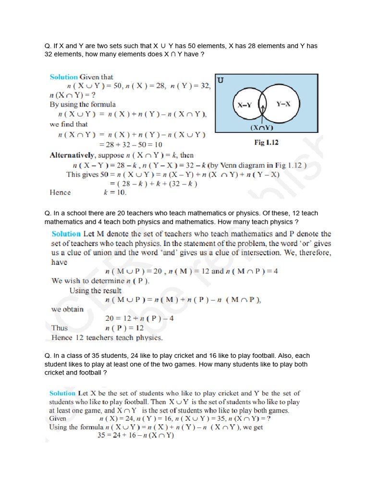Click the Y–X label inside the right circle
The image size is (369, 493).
coord(283,104)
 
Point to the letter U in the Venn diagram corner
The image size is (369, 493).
coord(221,80)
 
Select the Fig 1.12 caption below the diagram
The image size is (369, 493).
coord(266,143)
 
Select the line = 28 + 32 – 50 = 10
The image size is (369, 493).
coord(131,144)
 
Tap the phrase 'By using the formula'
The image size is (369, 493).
coord(83,104)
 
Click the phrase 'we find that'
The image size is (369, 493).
coord(69,124)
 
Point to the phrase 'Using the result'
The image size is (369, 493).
coord(95,290)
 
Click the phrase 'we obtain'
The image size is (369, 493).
coord(67,309)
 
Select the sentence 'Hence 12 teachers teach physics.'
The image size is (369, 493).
coord(107,337)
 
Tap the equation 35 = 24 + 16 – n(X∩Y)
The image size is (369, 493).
coord(135,436)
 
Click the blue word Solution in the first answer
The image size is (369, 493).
coord(64,77)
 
